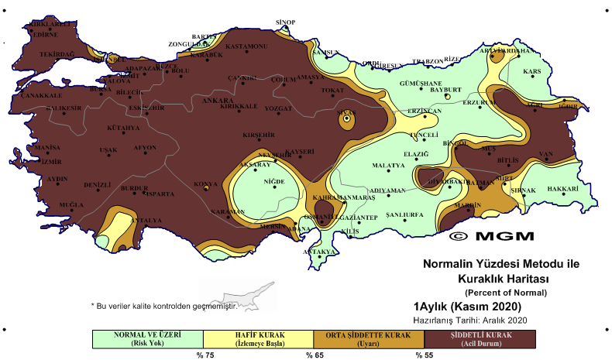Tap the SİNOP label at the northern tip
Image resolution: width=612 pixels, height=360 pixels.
coord(287,22)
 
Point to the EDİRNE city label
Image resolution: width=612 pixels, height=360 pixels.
coord(45,34)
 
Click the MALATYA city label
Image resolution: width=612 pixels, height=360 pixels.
coord(388,166)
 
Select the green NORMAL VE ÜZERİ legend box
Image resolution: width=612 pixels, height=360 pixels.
coord(146,339)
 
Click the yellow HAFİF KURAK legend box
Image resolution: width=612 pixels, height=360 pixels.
coord(257,339)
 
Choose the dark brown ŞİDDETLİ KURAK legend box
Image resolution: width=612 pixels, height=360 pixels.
coord(480,339)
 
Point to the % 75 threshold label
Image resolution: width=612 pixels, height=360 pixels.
coord(204,355)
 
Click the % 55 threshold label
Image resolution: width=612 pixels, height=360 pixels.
coord(425,355)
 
